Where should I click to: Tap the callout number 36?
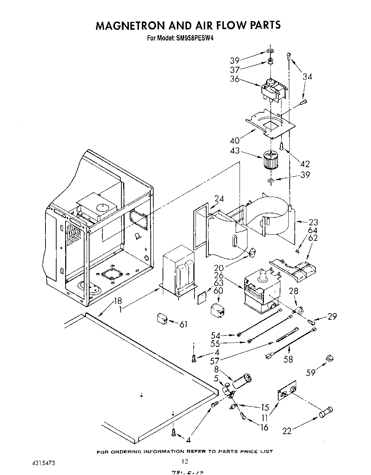click(235, 79)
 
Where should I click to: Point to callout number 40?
click(235, 140)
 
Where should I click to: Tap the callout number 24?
click(219, 199)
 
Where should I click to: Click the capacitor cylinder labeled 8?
click(242, 380)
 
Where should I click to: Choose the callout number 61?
click(183, 324)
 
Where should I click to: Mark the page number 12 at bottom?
click(185, 461)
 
